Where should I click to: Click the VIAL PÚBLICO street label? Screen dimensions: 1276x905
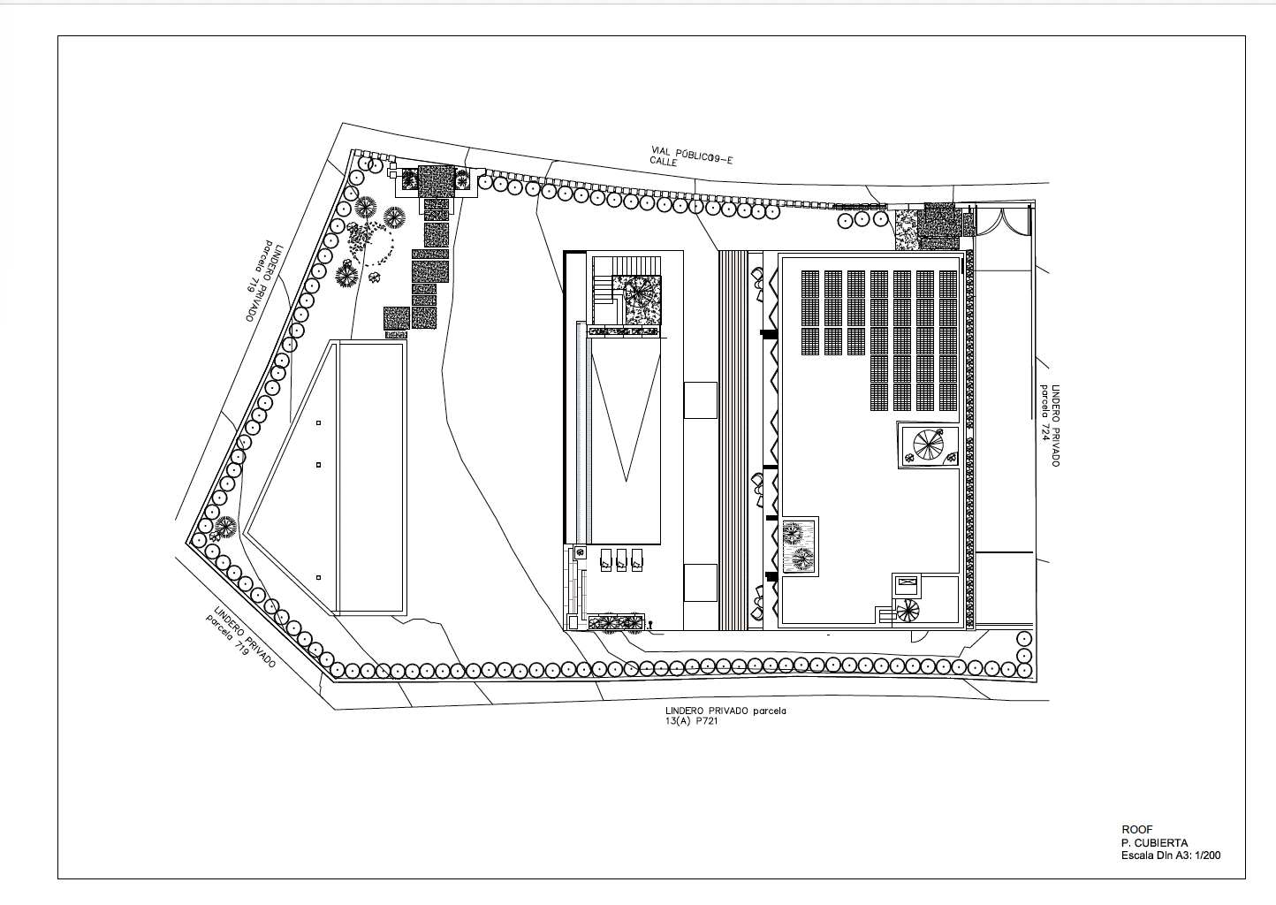[x=692, y=154]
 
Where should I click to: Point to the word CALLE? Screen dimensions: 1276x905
[x=664, y=162]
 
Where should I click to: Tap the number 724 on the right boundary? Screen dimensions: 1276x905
[x=1044, y=429]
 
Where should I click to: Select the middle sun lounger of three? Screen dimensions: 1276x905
[x=622, y=559]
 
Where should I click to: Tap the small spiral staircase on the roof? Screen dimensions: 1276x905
[x=908, y=612]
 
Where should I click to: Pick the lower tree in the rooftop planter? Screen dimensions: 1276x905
[x=801, y=559]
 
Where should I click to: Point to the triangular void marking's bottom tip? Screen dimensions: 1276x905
[x=626, y=482]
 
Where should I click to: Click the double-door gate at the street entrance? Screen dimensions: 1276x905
[x=1004, y=221]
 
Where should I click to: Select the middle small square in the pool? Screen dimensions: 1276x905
[x=318, y=465]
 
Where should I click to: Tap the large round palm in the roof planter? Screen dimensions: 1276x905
[x=929, y=444]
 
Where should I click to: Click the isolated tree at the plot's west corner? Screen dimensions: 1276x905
[x=226, y=527]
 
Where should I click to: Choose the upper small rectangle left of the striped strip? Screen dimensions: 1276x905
[x=700, y=400]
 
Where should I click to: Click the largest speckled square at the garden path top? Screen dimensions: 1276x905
[x=437, y=181]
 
